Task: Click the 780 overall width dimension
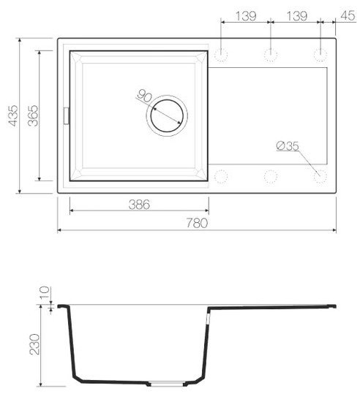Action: click(197, 223)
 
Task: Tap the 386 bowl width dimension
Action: click(139, 205)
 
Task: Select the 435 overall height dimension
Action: click(13, 115)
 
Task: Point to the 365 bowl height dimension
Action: click(33, 115)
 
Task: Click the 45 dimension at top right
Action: click(348, 15)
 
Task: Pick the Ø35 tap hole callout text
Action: click(288, 146)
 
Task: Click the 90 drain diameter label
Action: click(144, 96)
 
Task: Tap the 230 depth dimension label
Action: click(34, 344)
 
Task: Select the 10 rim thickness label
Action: click(44, 292)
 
